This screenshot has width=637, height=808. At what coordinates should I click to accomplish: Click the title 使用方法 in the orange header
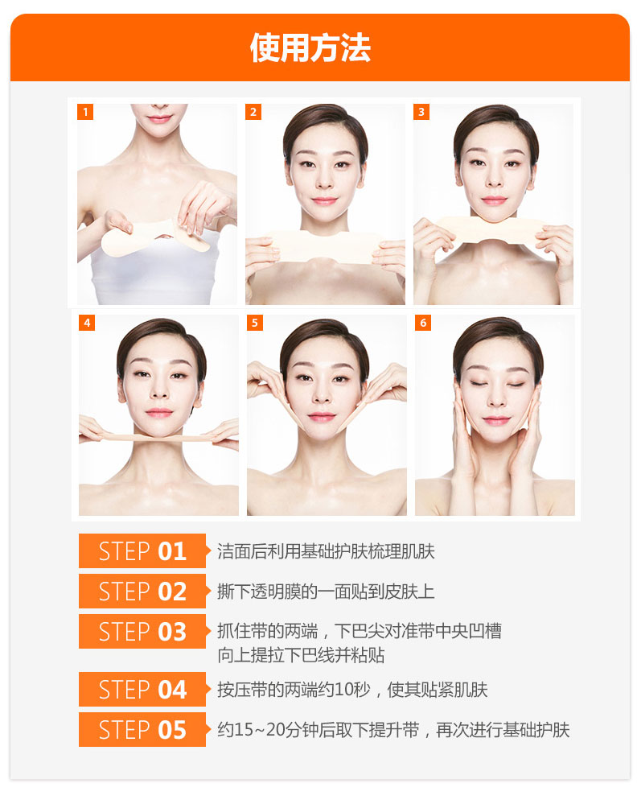pos(310,48)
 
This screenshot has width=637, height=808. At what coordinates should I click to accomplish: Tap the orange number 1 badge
pos(85,112)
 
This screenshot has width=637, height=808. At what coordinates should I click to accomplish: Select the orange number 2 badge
pos(253,112)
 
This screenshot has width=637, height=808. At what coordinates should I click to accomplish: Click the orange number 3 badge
pos(421,112)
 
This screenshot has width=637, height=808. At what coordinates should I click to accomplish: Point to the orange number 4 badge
pos(87,323)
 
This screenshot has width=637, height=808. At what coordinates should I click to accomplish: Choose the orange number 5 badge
pos(254,323)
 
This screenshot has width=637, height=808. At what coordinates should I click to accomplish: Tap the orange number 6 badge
pos(423,323)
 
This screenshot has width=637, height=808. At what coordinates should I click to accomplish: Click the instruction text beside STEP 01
pos(326,551)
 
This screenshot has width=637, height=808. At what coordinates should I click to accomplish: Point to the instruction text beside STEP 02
pos(326,592)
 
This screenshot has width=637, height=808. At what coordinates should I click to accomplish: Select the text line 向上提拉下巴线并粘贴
pos(302,655)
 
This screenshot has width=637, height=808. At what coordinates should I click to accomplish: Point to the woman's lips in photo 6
pos(496,421)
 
